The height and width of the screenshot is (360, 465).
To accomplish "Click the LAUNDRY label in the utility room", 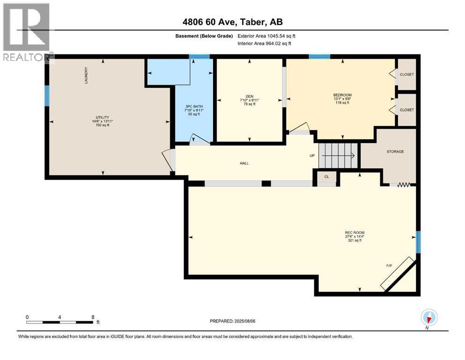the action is (x=86, y=75).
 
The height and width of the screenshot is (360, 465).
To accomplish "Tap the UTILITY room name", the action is (x=102, y=118).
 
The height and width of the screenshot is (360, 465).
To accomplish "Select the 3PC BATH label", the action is (x=194, y=106).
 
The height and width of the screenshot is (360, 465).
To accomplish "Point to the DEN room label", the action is (x=250, y=97).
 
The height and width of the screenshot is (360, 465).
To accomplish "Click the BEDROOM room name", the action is (x=342, y=95).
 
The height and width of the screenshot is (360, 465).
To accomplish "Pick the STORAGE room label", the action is (x=395, y=152).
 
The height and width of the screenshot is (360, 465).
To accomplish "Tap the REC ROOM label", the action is (x=354, y=232).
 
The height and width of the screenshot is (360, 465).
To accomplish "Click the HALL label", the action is (x=244, y=163).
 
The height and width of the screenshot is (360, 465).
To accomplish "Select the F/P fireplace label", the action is (x=389, y=266).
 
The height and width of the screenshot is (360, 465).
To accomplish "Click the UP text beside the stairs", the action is (x=312, y=156).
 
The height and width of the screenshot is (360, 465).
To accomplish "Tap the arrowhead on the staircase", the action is (x=353, y=156).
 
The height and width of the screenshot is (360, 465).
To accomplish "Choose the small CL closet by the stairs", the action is (x=326, y=177).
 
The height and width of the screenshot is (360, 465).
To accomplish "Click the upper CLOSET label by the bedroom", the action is (x=406, y=75).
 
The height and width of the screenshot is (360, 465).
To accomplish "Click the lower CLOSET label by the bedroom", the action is (x=406, y=110).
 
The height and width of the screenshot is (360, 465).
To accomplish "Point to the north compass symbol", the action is (x=429, y=318).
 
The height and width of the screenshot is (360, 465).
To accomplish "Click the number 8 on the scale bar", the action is (x=93, y=317).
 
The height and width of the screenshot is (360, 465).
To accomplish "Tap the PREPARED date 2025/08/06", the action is (x=244, y=321).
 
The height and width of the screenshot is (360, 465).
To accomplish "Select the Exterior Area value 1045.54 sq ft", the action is (x=281, y=36).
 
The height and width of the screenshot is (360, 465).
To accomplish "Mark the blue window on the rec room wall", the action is (x=418, y=242).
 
